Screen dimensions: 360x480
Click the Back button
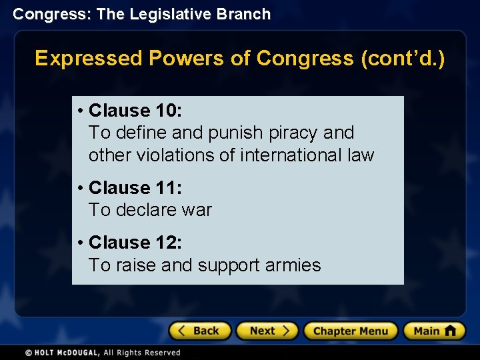pos(199,331)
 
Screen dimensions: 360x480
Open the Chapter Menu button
pos(350,331)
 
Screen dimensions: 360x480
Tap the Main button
pos(434,331)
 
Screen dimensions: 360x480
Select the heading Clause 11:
pos(135,188)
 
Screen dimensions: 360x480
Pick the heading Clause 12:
pos(135,243)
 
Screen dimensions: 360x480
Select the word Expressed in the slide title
pos(88,59)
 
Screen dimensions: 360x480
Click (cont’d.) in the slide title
pos(403,59)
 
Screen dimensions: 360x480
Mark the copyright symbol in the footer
pos(29,353)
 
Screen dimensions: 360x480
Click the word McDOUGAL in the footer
pos(79,353)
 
